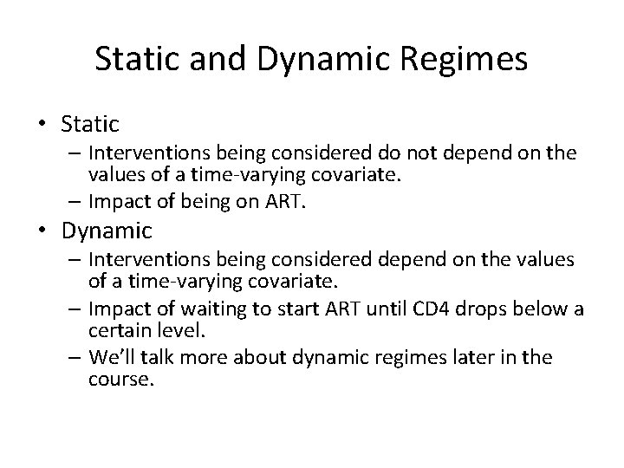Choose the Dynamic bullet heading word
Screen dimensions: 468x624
[x=107, y=231]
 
